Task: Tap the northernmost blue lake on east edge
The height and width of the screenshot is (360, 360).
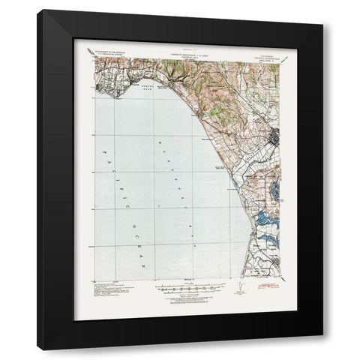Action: click(277, 190)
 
